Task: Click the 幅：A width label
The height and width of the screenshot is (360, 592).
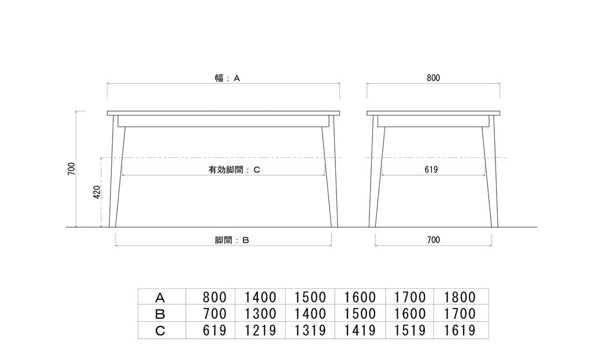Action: click(x=227, y=78)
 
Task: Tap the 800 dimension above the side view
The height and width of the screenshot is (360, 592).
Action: click(x=434, y=78)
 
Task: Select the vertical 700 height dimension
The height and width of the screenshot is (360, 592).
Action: click(x=71, y=168)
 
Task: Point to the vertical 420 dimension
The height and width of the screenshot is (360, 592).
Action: click(x=97, y=192)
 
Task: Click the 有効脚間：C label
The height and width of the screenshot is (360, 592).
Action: click(x=234, y=170)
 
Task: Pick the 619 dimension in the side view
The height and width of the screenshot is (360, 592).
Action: click(x=431, y=169)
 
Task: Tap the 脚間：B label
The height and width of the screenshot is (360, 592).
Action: click(x=232, y=240)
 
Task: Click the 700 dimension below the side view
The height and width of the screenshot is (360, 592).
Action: click(x=434, y=240)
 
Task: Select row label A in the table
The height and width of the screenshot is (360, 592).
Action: click(x=160, y=298)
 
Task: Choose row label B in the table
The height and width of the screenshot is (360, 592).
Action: click(x=160, y=314)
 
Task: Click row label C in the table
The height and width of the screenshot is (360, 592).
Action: click(x=160, y=331)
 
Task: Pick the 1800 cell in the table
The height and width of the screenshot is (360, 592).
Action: click(x=460, y=298)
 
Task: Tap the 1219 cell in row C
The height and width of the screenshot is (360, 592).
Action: click(x=260, y=331)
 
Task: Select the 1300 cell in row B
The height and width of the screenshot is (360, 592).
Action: click(x=260, y=314)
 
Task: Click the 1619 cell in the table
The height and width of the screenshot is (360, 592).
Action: click(x=460, y=331)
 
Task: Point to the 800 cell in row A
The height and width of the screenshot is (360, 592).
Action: click(x=214, y=298)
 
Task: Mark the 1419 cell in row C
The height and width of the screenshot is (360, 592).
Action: click(x=360, y=331)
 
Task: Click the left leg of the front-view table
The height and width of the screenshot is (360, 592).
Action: click(x=117, y=171)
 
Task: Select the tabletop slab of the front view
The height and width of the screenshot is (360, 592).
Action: click(x=223, y=113)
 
